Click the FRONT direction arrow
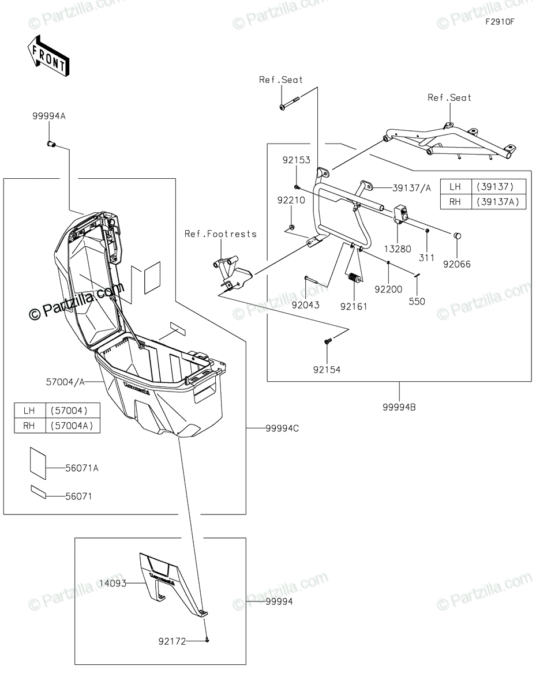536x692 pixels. click(x=49, y=56)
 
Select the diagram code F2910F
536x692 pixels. click(x=499, y=22)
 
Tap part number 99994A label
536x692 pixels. click(x=49, y=116)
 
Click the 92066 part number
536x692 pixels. click(x=457, y=265)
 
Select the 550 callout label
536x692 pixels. click(x=417, y=301)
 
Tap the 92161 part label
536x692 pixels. click(x=354, y=306)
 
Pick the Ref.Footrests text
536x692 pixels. click(x=220, y=234)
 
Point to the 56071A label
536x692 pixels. click(x=81, y=468)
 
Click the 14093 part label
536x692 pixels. click(x=113, y=584)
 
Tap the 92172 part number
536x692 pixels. click(x=173, y=641)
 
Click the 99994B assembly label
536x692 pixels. click(x=399, y=407)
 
